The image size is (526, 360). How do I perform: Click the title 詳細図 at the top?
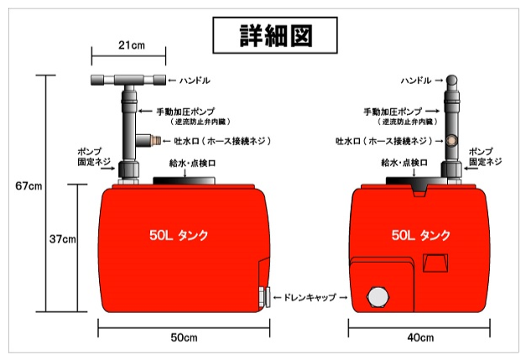tap(276, 35)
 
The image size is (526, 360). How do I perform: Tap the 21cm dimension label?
tap(132, 45)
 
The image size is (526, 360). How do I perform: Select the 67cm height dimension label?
tap(29, 185)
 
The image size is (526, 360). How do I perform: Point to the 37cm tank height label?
tap(62, 239)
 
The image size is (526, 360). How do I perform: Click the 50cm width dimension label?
tap(184, 337)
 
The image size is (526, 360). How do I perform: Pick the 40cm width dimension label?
tap(420, 337)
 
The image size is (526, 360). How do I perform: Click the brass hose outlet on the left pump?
tap(155, 139)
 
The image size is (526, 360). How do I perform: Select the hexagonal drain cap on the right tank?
tap(379, 296)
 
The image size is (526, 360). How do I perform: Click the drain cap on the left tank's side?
tap(265, 297)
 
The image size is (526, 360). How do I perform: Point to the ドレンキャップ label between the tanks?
tap(310, 297)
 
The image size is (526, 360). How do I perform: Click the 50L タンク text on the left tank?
tap(179, 235)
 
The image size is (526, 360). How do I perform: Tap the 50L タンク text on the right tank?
tap(420, 235)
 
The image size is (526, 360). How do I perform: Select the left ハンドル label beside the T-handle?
tap(195, 81)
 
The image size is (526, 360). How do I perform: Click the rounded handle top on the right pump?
tap(451, 81)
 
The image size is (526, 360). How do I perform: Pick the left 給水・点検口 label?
tap(192, 164)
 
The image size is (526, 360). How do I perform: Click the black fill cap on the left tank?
tap(185, 180)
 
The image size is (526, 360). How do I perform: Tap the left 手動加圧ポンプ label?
tap(185, 112)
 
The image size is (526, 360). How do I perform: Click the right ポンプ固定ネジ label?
tap(486, 157)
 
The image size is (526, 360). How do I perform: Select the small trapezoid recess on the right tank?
tap(435, 263)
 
